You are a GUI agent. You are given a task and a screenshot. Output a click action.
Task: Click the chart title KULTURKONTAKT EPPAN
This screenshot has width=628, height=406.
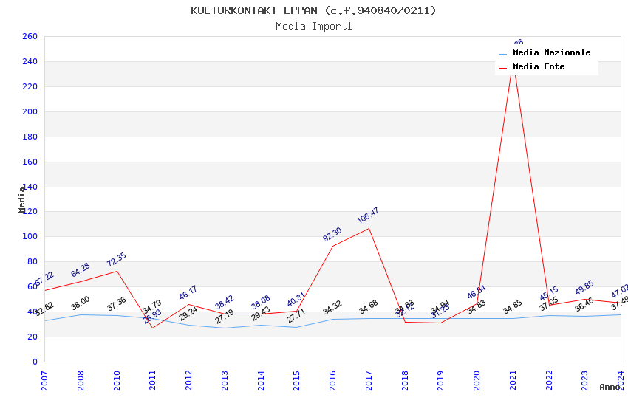pos(313,10)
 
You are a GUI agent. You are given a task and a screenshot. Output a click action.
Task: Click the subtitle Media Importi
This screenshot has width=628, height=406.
pos(313,26)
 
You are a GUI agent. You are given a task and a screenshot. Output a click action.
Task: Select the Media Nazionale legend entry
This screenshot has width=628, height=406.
pos(551,53)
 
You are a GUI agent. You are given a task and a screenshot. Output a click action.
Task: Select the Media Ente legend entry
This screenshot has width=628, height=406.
pos(539,67)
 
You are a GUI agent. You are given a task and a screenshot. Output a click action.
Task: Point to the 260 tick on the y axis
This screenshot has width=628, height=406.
pos(30,37)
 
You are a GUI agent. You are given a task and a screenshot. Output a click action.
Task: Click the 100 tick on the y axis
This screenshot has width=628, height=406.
pos(30,237)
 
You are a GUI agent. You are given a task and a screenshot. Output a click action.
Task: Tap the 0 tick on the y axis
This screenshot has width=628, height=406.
pos(35,362)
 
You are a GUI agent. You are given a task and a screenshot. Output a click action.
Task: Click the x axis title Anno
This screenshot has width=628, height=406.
pos(610,387)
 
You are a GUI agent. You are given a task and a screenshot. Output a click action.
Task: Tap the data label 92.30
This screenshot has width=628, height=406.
pos(332,235)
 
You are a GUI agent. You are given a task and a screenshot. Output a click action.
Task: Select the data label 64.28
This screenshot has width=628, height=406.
pos(81,269)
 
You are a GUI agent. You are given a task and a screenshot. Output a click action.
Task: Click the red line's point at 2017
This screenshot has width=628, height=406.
pos(369,228)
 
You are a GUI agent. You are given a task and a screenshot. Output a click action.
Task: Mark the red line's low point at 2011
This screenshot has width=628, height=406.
pos(153,328)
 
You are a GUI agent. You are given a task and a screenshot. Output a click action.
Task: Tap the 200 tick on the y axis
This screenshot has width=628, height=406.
pos(30,112)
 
